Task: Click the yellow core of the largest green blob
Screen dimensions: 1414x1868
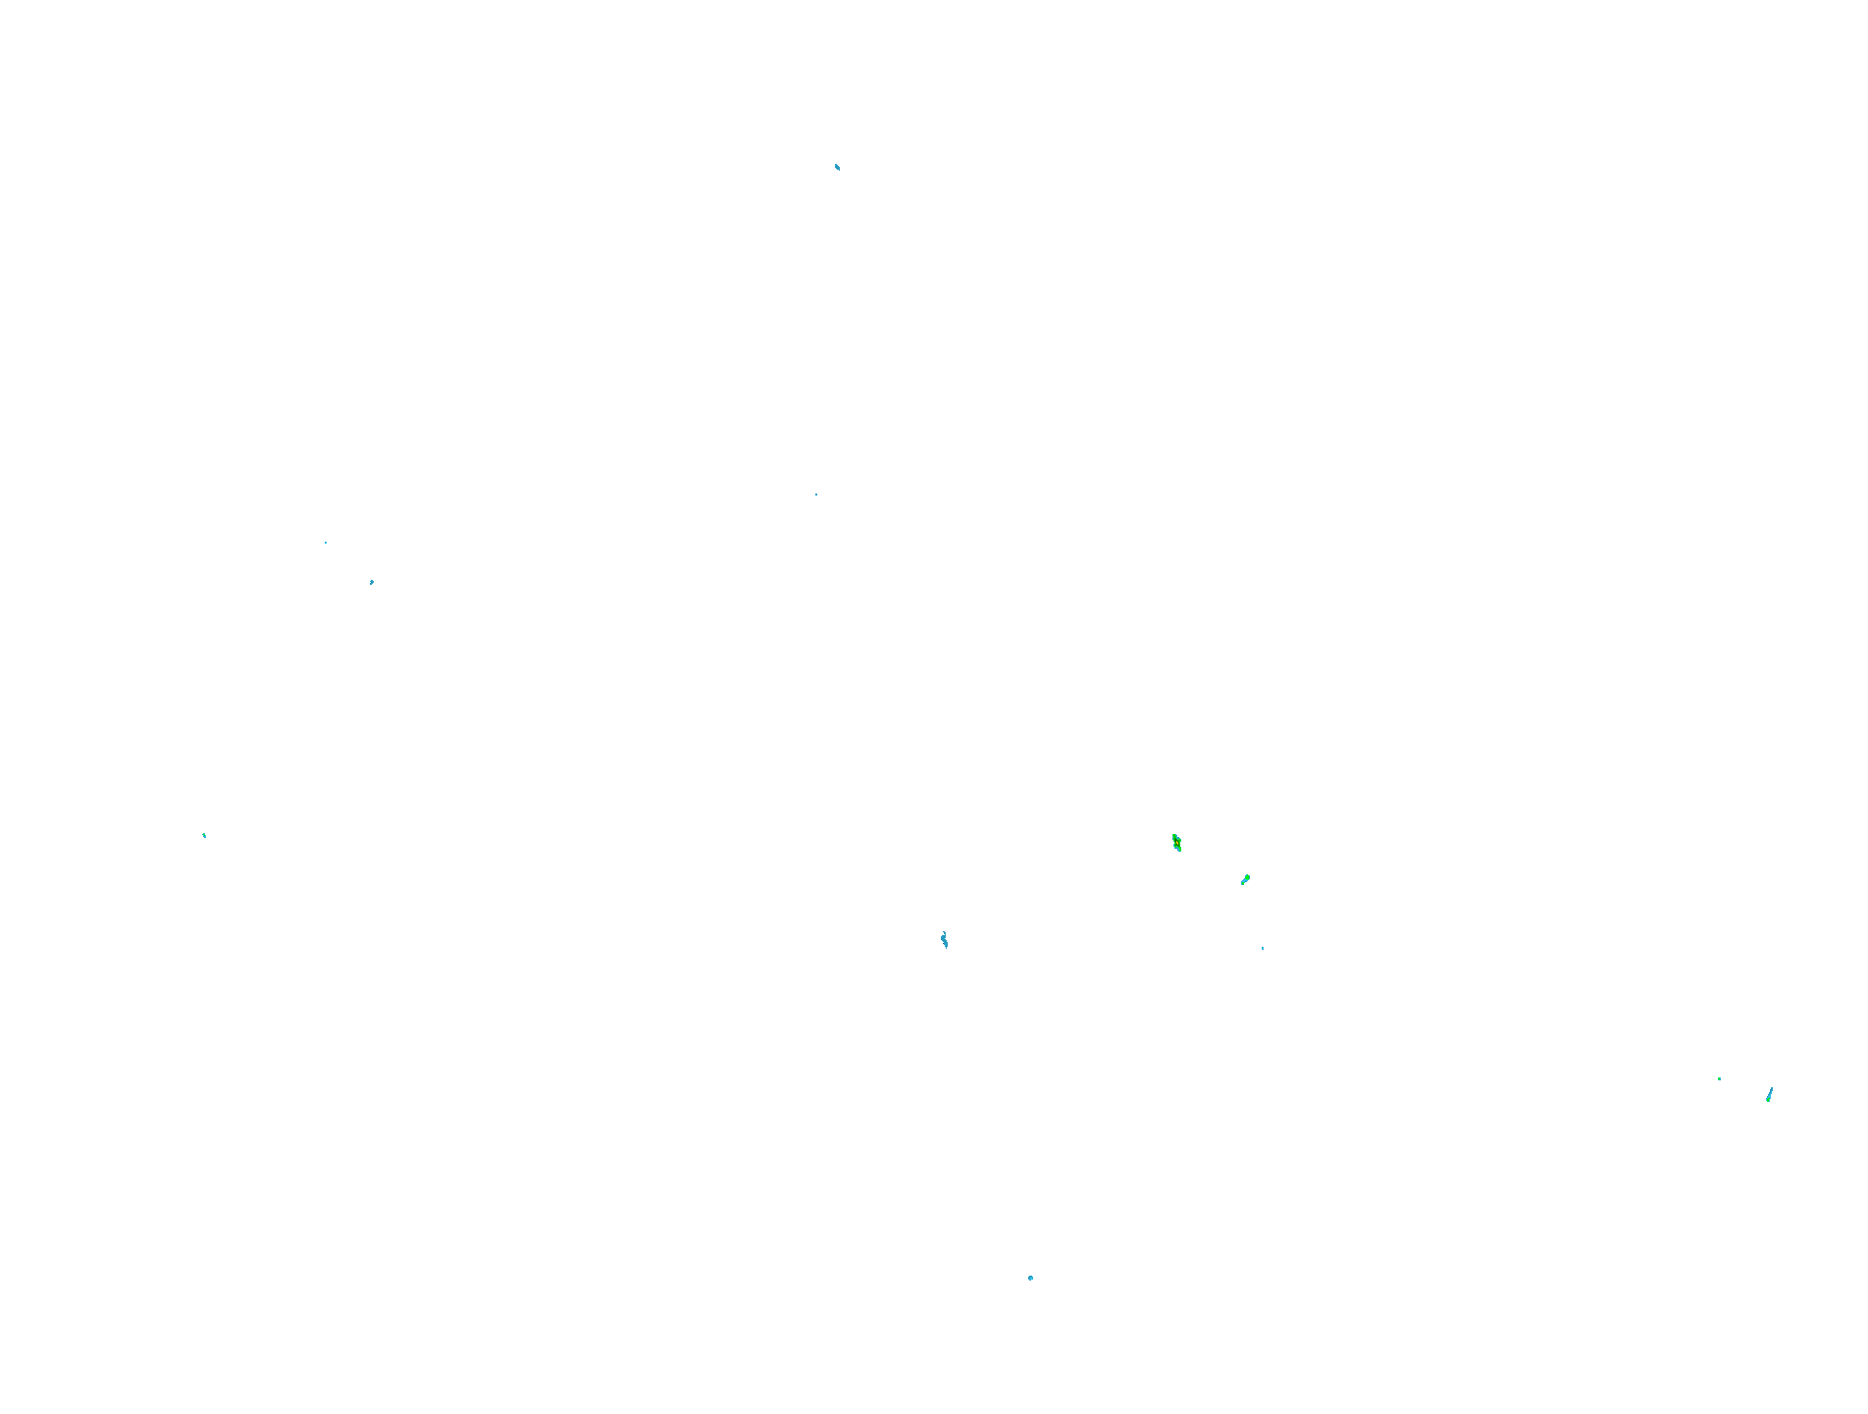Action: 1176,843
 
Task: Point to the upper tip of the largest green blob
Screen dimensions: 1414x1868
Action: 1173,835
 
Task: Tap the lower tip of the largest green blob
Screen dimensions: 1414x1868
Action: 1179,851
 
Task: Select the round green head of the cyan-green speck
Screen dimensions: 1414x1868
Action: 1247,876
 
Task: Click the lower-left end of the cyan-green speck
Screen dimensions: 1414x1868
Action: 1242,884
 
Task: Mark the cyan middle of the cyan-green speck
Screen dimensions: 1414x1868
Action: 1244,880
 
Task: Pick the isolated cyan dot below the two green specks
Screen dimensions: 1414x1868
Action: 1263,948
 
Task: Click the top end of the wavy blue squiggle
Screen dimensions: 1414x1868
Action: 943,932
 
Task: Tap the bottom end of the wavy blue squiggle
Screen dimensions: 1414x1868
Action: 946,948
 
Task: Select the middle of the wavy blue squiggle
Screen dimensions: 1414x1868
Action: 944,940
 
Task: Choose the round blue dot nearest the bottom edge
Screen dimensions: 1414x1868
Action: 1030,1278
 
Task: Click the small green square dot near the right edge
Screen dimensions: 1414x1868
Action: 1719,1078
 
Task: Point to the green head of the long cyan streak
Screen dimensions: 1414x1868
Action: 1768,1100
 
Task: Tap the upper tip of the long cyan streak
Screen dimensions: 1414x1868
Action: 1772,1087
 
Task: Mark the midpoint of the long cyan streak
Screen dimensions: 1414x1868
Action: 1770,1094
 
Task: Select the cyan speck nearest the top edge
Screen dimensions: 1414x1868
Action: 837,167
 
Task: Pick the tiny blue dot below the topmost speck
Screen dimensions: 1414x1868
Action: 816,495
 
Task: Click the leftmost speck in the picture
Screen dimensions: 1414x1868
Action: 204,835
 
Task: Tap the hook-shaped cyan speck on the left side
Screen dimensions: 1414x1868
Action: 372,582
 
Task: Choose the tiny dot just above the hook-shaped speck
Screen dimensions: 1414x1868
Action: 326,543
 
